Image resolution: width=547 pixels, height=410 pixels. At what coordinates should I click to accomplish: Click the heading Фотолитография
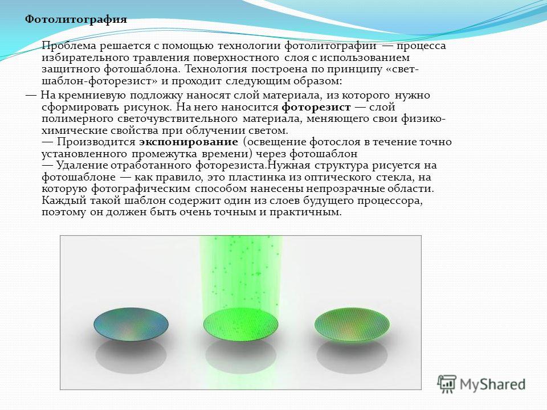[x=76, y=19]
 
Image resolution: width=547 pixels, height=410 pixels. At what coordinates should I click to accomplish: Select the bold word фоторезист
[x=316, y=107]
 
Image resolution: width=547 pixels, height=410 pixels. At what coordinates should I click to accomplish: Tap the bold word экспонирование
[x=189, y=142]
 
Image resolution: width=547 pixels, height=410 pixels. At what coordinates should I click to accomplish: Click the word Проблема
[x=69, y=46]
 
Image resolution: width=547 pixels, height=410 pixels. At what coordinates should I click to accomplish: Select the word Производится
[x=96, y=142]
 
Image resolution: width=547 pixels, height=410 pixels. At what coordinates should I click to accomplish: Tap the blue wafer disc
[x=131, y=324]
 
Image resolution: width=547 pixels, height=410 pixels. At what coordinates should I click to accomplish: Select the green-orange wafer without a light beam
[x=352, y=325]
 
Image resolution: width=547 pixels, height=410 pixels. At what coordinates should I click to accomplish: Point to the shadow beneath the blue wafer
[x=131, y=355]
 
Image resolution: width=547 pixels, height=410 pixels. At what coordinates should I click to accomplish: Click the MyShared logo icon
[x=447, y=384]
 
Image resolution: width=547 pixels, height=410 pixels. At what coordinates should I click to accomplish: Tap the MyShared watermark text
[x=492, y=384]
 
